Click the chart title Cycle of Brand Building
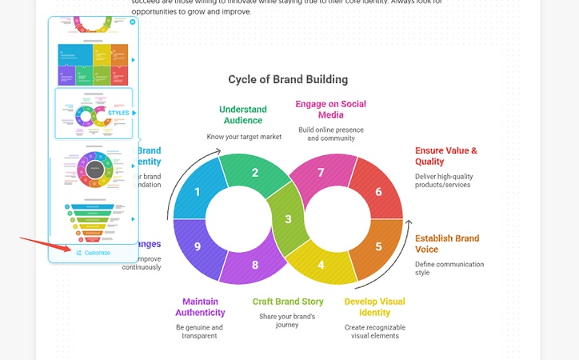pos(288,79)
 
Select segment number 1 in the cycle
pos(197,191)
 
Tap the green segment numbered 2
pos(255,172)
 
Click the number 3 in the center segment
pos(288,218)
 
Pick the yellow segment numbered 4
pos(321,265)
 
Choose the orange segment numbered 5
pos(378,246)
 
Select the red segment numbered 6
pos(378,191)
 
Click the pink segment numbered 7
pos(321,172)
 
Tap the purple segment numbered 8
pos(255,265)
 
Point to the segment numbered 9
pos(197,246)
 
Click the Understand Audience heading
pos(243,114)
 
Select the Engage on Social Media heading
pos(330,109)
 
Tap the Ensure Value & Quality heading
pos(445,155)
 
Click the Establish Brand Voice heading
pos(447,243)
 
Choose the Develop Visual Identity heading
pos(374,306)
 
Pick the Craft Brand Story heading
pos(288,302)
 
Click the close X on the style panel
pos(132,22)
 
